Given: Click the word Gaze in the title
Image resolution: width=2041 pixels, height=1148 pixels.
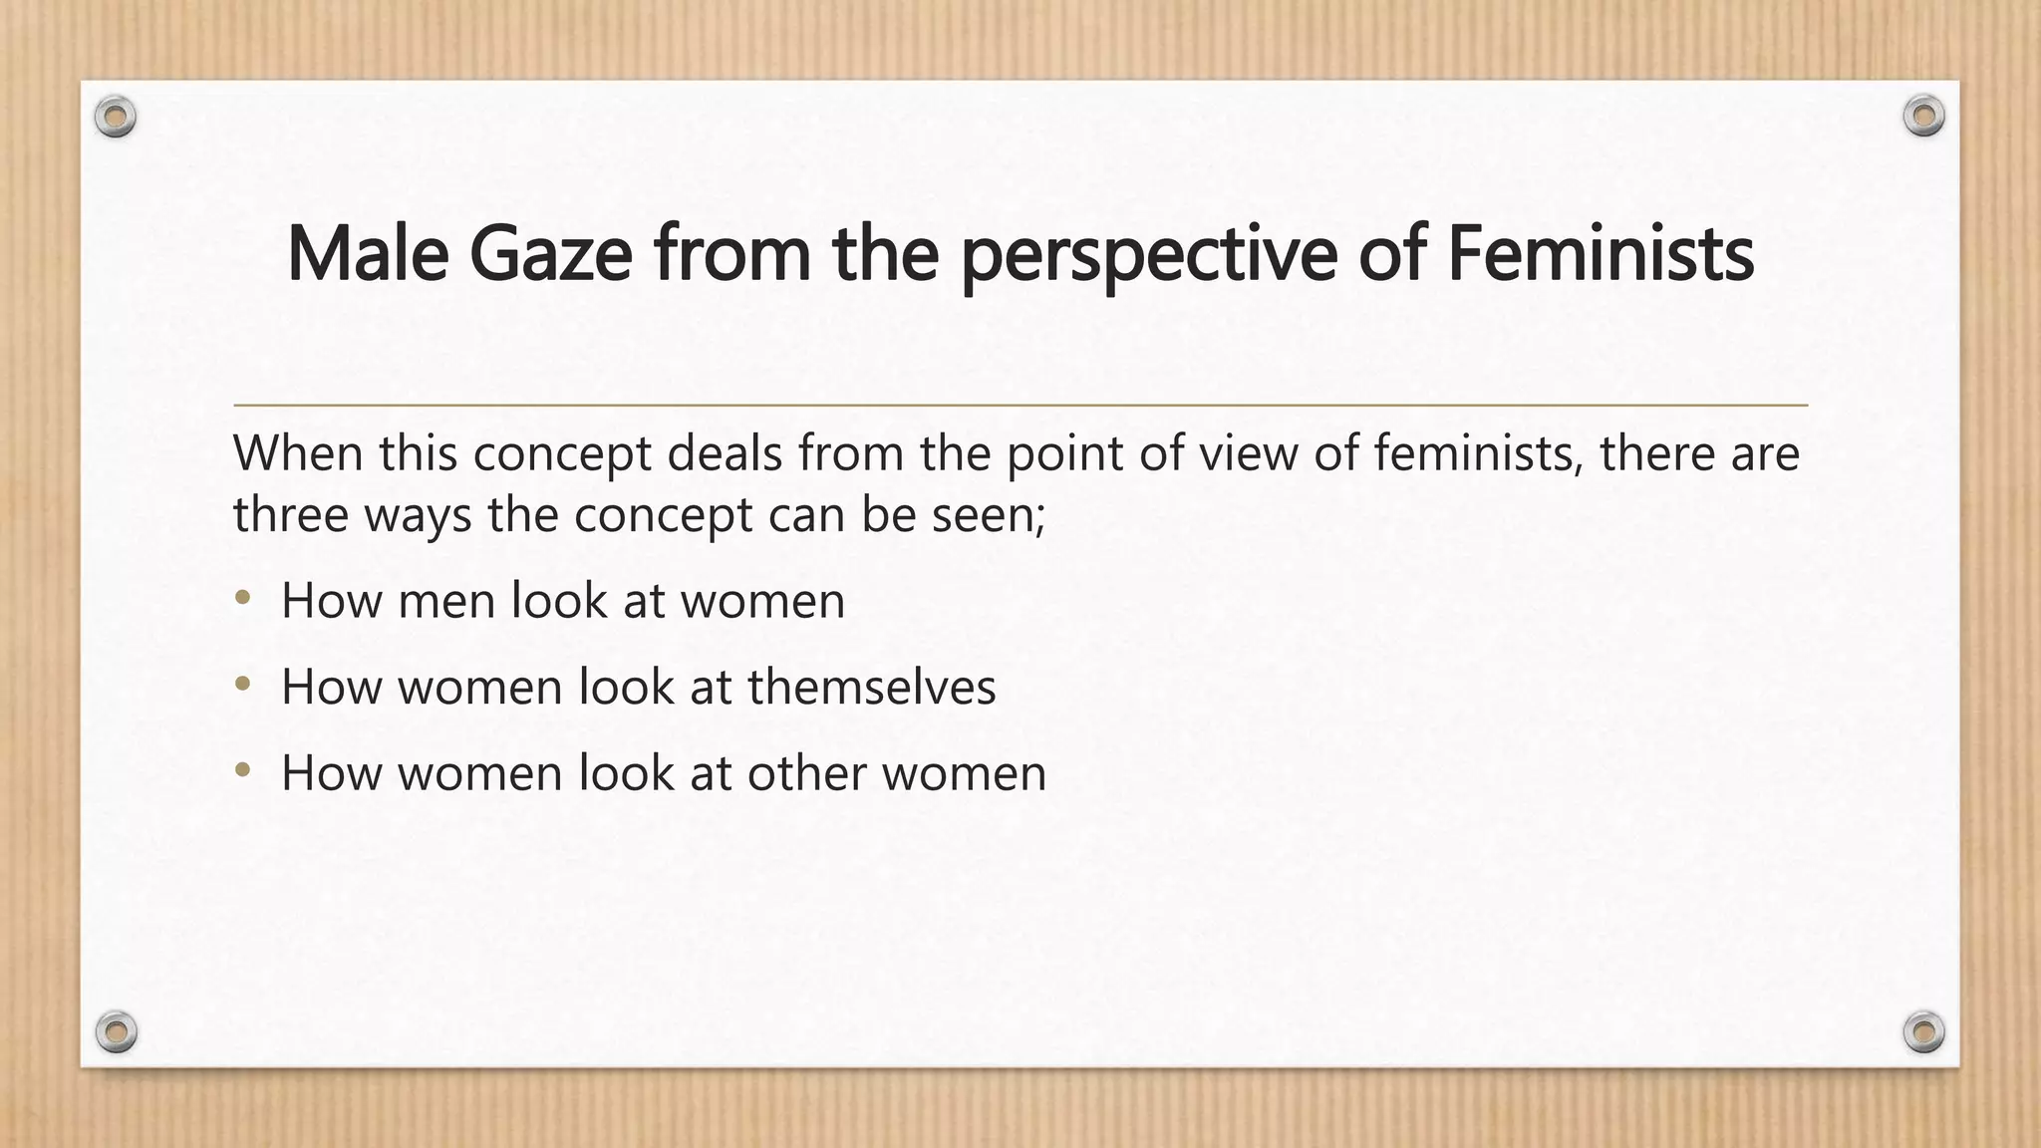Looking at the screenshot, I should pos(550,254).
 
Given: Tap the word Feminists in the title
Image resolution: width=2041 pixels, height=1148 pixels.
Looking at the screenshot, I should pos(1600,254).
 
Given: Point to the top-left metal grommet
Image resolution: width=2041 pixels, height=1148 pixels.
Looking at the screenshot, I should pos(116,118).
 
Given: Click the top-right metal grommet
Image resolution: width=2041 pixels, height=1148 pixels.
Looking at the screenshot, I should pos(1923,117).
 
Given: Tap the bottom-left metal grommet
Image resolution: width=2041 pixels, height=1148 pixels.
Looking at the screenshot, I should pos(117,1031).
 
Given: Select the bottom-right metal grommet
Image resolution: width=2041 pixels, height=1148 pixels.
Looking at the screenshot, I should pos(1924,1031).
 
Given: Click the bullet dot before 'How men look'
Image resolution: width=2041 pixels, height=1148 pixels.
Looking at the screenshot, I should pos(243,599).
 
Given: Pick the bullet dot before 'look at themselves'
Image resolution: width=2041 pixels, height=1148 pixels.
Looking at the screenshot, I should pos(243,685).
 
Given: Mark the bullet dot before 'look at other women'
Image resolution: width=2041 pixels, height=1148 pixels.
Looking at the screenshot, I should pos(243,770).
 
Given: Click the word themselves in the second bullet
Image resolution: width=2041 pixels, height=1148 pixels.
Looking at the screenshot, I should pos(871,687).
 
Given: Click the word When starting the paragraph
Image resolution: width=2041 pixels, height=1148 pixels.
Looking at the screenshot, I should pos(297,453).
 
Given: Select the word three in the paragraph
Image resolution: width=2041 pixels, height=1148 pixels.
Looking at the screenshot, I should pos(289,515).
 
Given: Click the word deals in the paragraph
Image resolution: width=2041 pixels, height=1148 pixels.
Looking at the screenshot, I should pos(725,453).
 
